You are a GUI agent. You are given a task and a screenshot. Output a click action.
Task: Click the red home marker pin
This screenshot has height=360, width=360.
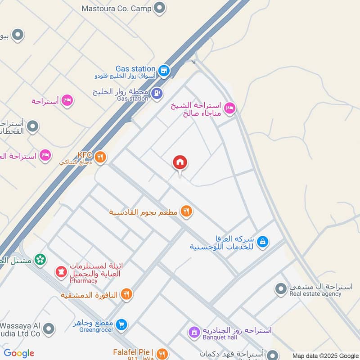180,163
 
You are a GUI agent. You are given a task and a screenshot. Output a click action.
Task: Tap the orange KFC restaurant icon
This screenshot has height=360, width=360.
101,157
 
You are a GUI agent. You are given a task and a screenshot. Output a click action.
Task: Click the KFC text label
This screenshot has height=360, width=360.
85,155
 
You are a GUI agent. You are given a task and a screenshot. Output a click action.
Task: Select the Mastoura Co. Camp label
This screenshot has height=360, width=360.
117,8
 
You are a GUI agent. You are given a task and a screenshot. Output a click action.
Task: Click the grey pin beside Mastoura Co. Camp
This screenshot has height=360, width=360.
159,8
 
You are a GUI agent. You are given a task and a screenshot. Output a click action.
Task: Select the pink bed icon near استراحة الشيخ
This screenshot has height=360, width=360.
229,108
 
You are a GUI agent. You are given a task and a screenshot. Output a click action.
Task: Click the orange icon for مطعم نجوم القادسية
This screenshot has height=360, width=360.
186,211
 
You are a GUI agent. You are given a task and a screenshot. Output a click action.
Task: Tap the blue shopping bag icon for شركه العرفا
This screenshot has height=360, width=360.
263,242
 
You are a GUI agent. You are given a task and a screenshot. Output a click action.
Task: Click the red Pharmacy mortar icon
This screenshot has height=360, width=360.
61,272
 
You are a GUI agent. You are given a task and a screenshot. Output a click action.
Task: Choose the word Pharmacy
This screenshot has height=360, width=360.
83,281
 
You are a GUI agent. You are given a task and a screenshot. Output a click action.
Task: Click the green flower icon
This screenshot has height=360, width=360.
40,260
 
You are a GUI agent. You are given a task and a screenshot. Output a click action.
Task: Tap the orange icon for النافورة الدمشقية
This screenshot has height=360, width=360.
127,294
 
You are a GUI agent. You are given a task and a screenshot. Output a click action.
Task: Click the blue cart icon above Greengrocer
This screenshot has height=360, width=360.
121,324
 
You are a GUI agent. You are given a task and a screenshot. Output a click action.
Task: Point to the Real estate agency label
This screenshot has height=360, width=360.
315,294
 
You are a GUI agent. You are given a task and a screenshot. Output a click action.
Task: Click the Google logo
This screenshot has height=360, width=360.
19,353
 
